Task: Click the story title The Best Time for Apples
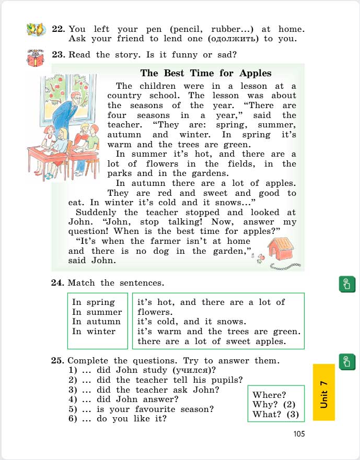(x=206, y=73)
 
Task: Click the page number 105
(x=299, y=433)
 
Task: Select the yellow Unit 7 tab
(x=324, y=392)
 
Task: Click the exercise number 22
(x=58, y=29)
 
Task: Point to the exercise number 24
(x=57, y=283)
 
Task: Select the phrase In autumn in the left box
(x=96, y=322)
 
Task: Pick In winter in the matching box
(x=94, y=332)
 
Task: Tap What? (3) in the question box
(x=275, y=415)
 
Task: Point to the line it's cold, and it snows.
(x=191, y=322)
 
